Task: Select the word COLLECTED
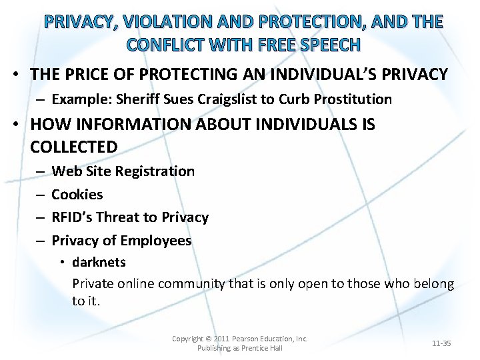[74, 146]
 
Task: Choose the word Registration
[155, 171]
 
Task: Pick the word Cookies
[77, 195]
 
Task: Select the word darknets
[99, 262]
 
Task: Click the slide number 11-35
[441, 343]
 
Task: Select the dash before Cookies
[39, 195]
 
